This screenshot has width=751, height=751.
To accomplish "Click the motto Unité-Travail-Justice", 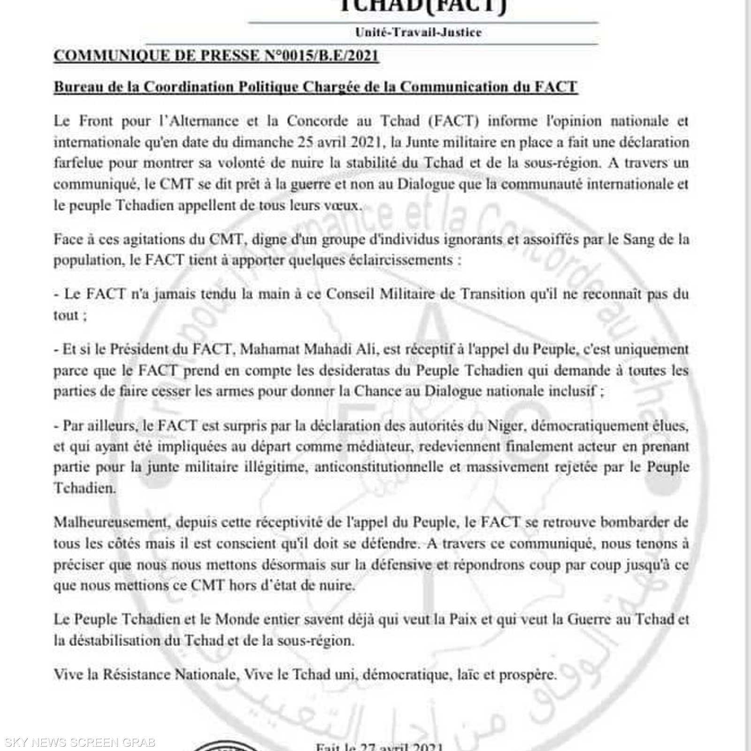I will click(418, 32).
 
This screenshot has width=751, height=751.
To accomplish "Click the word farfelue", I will click(78, 163).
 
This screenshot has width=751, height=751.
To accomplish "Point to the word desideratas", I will click(354, 370).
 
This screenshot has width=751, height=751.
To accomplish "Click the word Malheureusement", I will click(110, 522).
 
